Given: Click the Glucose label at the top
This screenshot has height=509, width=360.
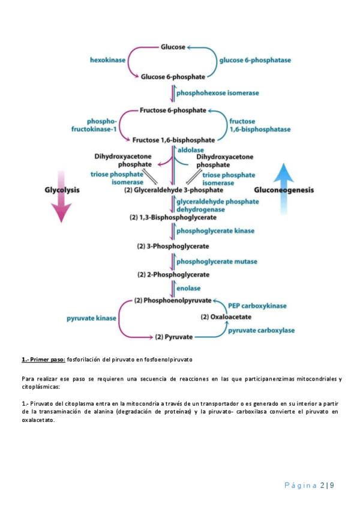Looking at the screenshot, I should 173,46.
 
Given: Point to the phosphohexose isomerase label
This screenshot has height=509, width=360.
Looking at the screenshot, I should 218,94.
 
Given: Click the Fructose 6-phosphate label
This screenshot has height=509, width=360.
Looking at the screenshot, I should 173,110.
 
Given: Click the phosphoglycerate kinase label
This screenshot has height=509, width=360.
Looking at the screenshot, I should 215,230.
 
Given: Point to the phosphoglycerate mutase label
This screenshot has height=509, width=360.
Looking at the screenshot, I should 217,261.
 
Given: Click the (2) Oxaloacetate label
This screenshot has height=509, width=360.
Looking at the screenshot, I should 226,317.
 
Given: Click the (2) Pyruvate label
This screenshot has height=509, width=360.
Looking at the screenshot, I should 174,337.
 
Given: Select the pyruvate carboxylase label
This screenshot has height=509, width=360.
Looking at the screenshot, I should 260,330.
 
